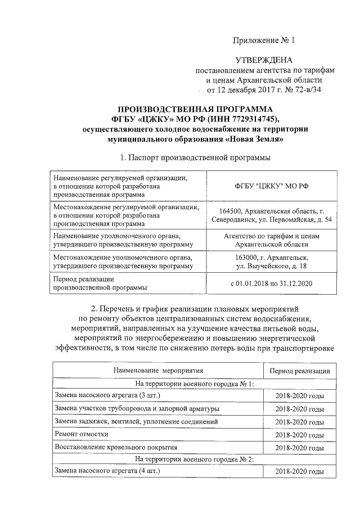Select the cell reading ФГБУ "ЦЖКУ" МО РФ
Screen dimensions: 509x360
(x=267, y=186)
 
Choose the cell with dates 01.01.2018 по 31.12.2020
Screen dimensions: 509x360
(x=271, y=283)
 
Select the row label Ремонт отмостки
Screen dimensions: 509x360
(x=79, y=435)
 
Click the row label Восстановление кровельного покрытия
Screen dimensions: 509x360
(x=116, y=448)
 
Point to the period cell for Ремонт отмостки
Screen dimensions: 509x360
(x=299, y=435)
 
